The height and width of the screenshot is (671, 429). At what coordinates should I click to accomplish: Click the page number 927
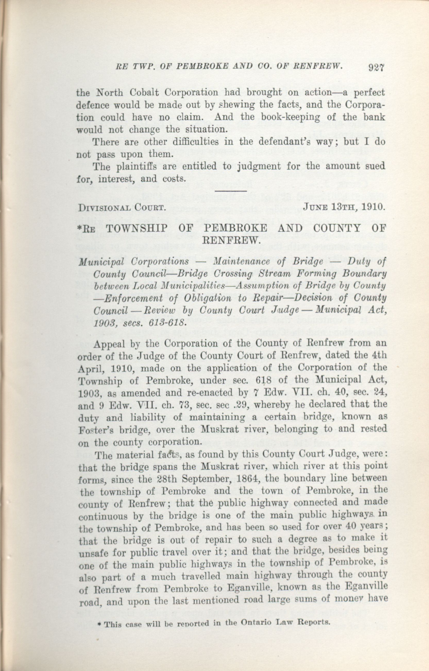(x=376, y=68)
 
